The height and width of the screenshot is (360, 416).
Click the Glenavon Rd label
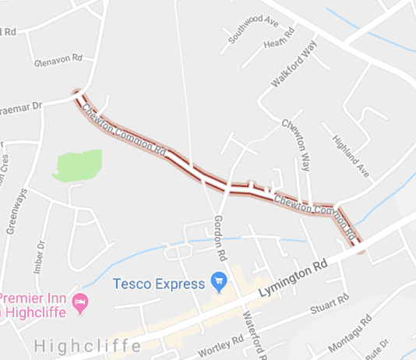point(58,59)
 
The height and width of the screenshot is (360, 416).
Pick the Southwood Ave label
point(253,29)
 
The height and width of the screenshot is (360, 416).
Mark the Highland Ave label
point(348,153)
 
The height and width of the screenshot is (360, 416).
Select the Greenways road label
point(19,210)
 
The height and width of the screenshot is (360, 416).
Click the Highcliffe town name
point(87,344)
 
